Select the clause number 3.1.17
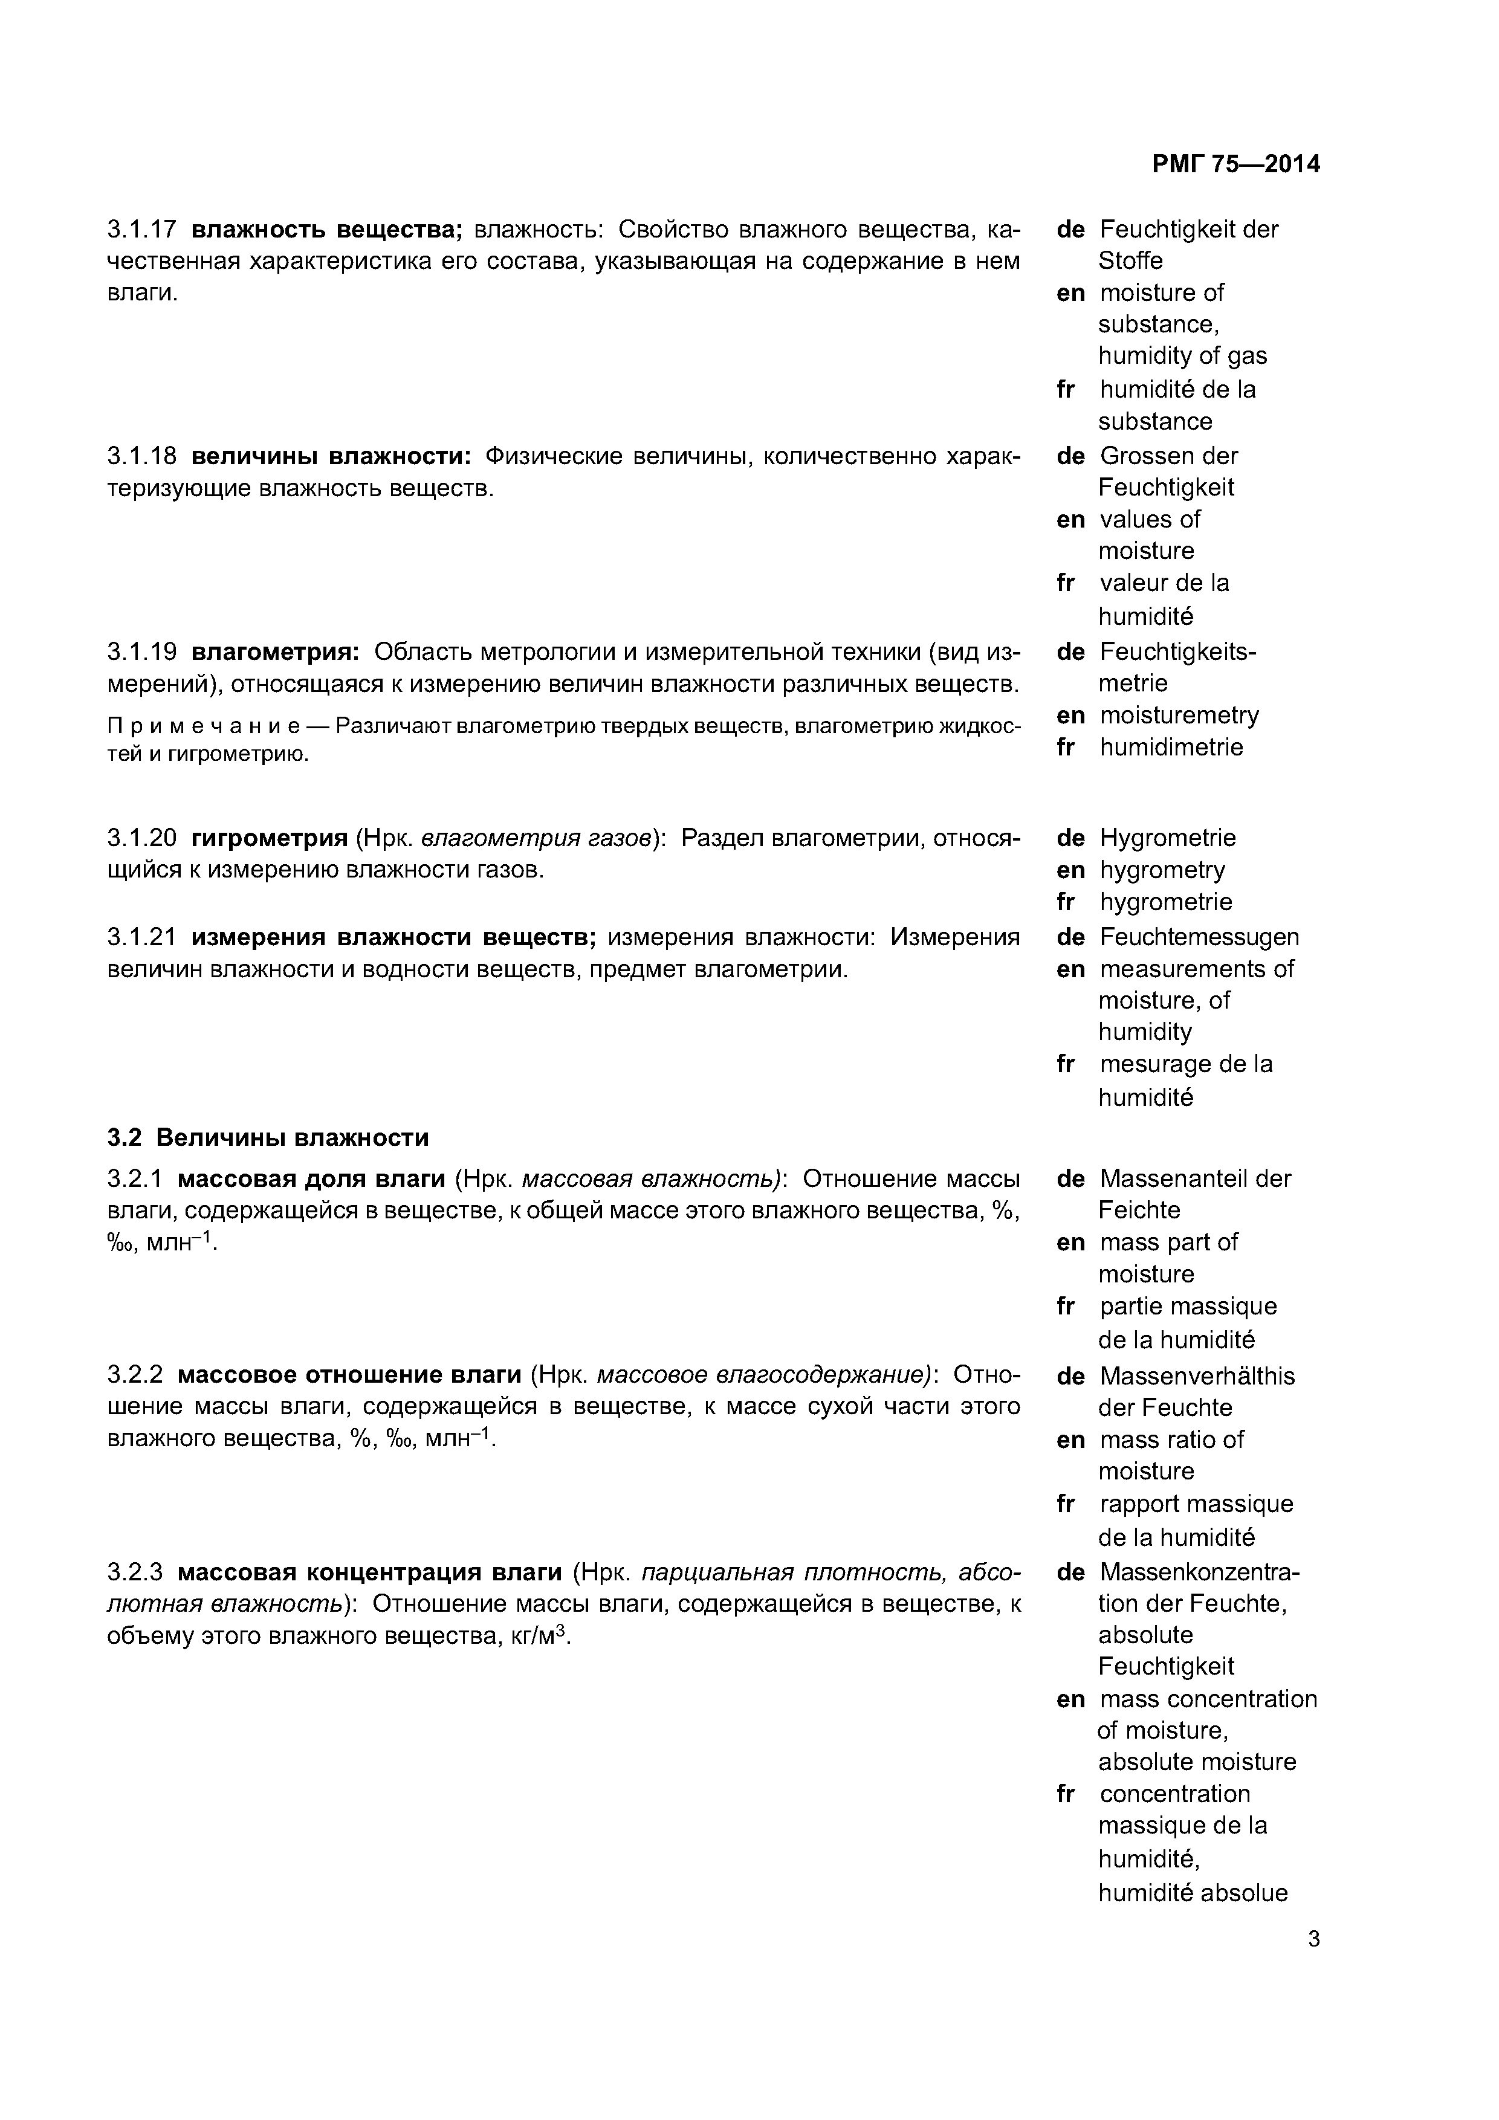tap(141, 229)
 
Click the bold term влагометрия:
tap(275, 652)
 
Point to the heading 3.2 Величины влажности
tap(268, 1137)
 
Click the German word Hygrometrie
tap(1167, 838)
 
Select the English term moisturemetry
tap(1179, 715)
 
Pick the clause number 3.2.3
tap(135, 1571)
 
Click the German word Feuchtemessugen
tap(1198, 937)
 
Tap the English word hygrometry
tap(1162, 870)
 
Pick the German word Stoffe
tap(1130, 261)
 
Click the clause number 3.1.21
tap(141, 937)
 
